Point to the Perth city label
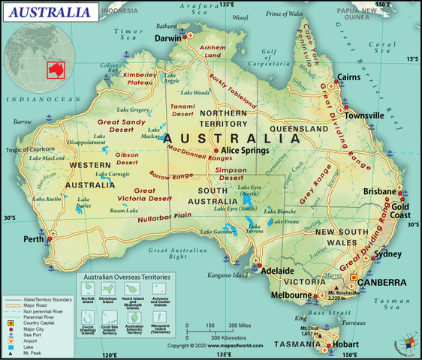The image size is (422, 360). [34, 240]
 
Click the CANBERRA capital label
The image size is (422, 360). [383, 283]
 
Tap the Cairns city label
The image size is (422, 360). [352, 77]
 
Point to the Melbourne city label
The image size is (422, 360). [291, 295]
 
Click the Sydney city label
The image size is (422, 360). [388, 254]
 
